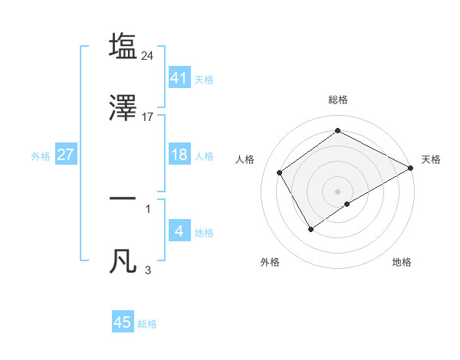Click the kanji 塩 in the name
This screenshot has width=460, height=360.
(123, 46)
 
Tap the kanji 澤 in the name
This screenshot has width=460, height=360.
(123, 107)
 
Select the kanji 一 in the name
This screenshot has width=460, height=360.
(123, 198)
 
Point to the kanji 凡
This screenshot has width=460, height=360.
(123, 260)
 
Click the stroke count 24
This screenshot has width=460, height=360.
(149, 55)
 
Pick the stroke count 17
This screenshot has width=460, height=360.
(149, 117)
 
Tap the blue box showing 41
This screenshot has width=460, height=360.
(179, 78)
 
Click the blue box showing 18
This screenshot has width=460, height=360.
(179, 155)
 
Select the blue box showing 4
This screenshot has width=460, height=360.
(179, 231)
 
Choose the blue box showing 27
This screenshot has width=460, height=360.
(66, 155)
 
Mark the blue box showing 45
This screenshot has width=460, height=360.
(123, 322)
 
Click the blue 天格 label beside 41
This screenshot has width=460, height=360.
(204, 80)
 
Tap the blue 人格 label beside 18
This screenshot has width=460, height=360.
(204, 156)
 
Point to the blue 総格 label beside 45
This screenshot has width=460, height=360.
(147, 324)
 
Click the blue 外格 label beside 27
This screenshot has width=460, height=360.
(41, 156)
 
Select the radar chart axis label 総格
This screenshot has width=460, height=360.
(338, 100)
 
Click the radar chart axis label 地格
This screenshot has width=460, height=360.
(402, 262)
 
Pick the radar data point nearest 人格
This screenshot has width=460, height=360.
(280, 172)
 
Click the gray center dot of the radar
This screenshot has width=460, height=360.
(338, 191)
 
